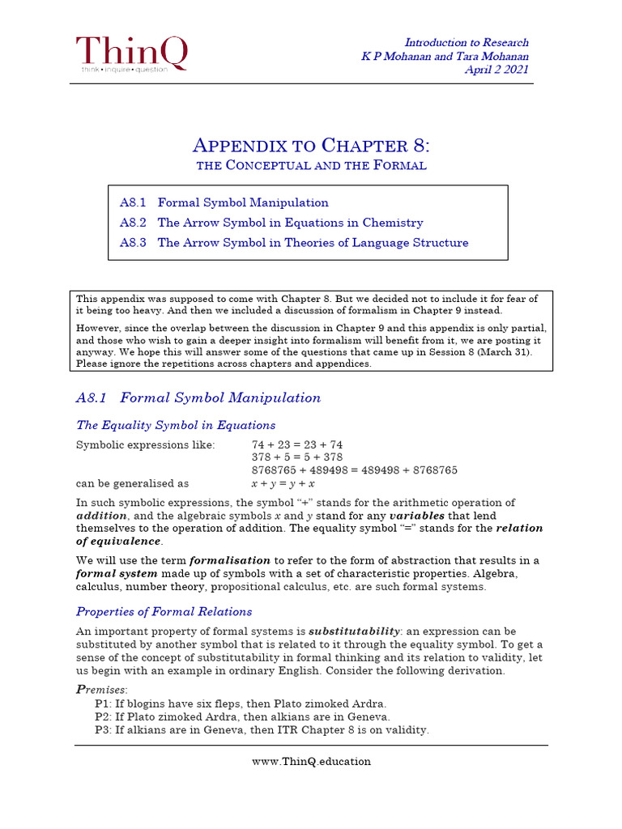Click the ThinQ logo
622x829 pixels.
[x=131, y=54]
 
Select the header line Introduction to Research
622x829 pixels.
[x=466, y=42]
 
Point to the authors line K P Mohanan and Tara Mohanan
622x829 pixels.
[x=445, y=56]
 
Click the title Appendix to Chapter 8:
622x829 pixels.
[x=311, y=146]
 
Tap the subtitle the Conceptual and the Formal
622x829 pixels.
[x=311, y=166]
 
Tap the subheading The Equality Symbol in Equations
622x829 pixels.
[x=176, y=425]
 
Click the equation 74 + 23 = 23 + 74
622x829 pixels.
[x=297, y=444]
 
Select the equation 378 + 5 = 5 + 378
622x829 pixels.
[x=297, y=457]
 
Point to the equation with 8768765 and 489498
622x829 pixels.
[x=355, y=470]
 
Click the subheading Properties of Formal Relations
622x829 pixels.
[x=164, y=611]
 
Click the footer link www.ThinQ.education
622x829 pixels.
[x=311, y=761]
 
